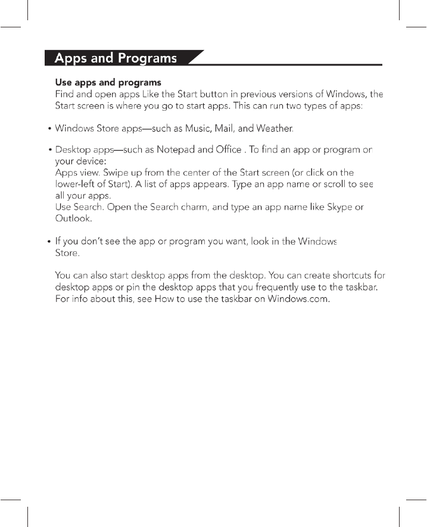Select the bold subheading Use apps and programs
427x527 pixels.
click(x=108, y=82)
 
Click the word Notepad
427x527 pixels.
click(x=176, y=150)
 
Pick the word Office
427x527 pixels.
click(x=226, y=150)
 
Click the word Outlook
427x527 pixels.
click(x=73, y=219)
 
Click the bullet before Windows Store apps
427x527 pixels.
click(x=49, y=129)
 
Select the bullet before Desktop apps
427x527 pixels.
click(x=49, y=151)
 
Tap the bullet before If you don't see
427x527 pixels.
click(x=49, y=242)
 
